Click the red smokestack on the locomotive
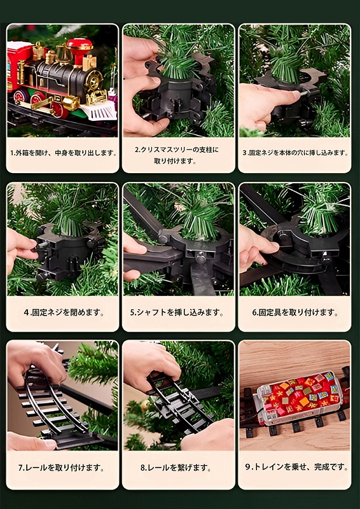pyautogui.click(x=80, y=50)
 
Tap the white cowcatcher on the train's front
pyautogui.click(x=99, y=111)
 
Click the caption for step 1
pyautogui.click(x=64, y=153)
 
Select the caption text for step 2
pyautogui.click(x=177, y=155)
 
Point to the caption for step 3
pyautogui.click(x=295, y=153)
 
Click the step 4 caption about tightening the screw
pyautogui.click(x=64, y=313)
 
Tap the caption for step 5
pyautogui.click(x=177, y=313)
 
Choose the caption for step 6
pyautogui.click(x=295, y=313)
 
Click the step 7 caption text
pyautogui.click(x=61, y=468)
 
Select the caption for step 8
pyautogui.click(x=176, y=468)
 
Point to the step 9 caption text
pyautogui.click(x=296, y=467)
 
